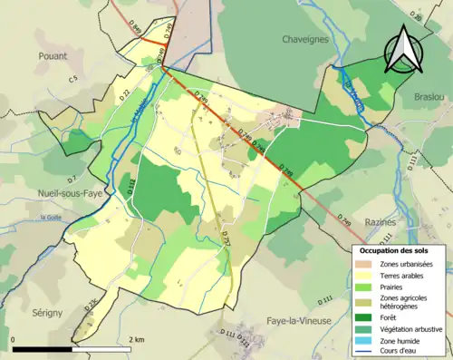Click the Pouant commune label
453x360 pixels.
(53, 55)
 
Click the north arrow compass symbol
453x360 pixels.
(405, 49)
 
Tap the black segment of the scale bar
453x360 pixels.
(43, 349)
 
